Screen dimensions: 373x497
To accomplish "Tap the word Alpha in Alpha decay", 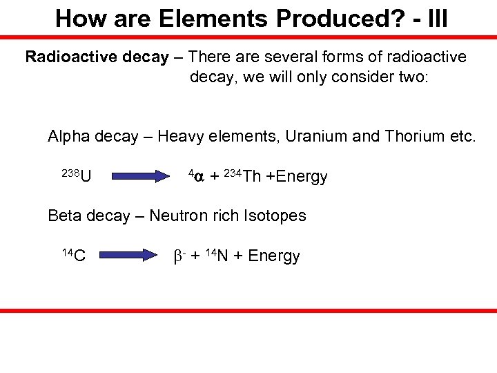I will [68, 137].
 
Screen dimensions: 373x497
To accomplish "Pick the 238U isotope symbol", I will [79, 176].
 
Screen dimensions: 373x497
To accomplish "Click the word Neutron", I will [181, 216].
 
